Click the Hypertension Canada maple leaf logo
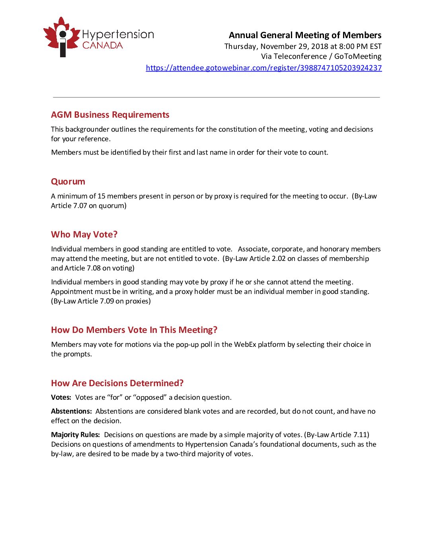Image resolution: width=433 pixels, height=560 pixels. [x=61, y=37]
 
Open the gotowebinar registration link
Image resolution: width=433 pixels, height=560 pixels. [x=263, y=68]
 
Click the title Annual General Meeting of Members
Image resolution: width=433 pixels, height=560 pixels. [x=305, y=35]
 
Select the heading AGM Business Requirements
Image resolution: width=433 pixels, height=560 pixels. [x=110, y=115]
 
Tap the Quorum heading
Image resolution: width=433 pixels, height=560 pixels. [x=68, y=181]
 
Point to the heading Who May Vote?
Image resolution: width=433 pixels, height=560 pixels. [x=84, y=234]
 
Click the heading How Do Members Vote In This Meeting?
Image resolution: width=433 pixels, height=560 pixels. [x=134, y=330]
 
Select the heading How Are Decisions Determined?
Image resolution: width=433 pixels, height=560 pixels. [x=117, y=383]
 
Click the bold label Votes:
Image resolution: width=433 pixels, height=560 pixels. [x=61, y=397]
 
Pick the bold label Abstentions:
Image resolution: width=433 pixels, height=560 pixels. [x=71, y=411]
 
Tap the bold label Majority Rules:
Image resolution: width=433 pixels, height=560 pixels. [x=75, y=435]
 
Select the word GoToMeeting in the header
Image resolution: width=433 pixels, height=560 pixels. [x=358, y=56]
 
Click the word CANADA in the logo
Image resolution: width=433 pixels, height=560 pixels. [x=103, y=45]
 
